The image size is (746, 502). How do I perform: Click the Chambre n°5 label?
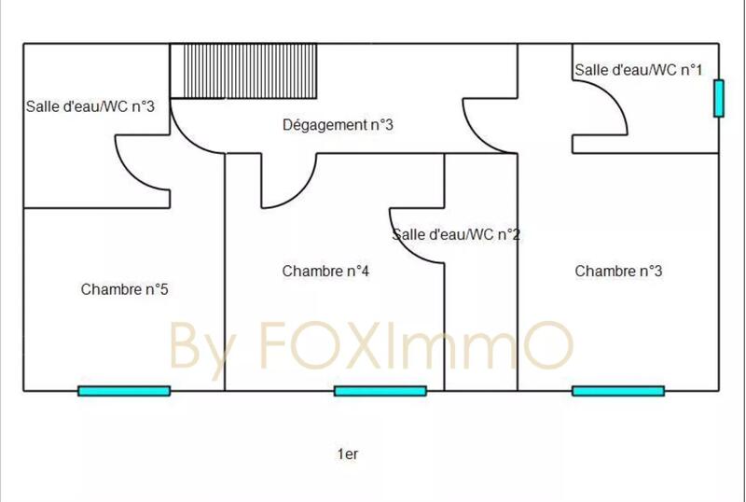pos(124,289)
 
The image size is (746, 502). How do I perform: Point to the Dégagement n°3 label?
pos(338,124)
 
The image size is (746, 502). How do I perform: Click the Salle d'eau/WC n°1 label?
pos(638,70)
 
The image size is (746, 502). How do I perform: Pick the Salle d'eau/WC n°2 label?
pos(456,235)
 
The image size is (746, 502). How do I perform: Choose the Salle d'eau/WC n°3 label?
pos(90,106)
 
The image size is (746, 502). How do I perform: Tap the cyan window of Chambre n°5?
pos(124,391)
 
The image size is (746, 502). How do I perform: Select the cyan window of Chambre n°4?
pos(380,391)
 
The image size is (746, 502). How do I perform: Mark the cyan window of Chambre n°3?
pos(618,391)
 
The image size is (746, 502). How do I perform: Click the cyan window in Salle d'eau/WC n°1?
pos(719,99)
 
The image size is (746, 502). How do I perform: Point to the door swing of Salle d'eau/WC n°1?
pos(604,110)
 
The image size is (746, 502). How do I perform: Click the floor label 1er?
pos(348,454)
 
